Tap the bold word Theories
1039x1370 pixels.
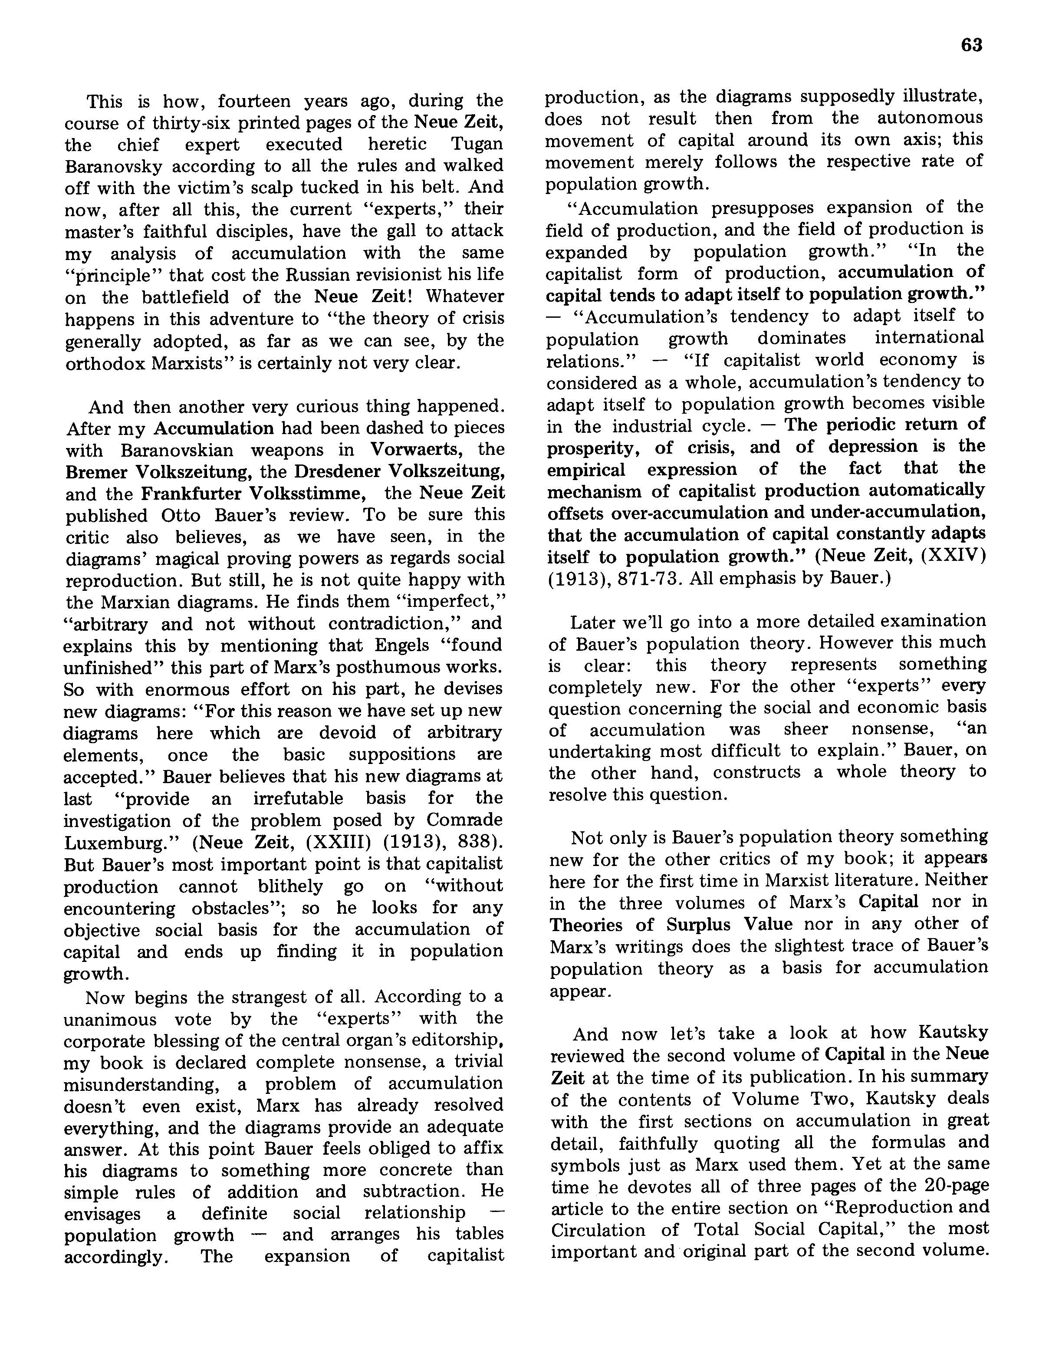point(586,925)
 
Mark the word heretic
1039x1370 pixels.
point(396,144)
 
